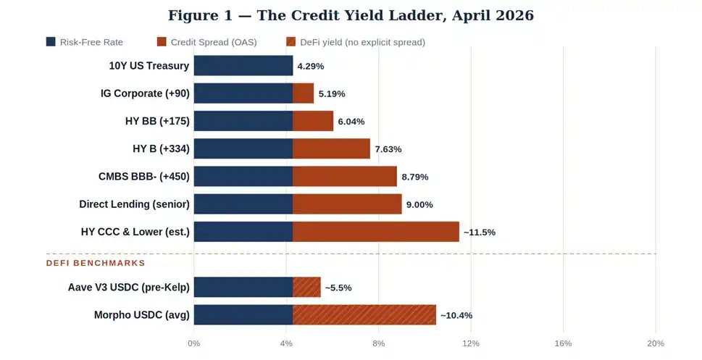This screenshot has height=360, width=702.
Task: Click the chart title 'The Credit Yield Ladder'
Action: [351, 15]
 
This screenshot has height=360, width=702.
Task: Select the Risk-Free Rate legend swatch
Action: [51, 42]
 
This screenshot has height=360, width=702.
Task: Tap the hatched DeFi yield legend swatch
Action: [291, 42]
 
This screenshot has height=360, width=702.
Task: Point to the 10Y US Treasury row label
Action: [149, 66]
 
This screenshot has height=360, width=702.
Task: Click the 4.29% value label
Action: [310, 66]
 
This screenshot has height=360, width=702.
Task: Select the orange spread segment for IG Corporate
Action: [303, 93]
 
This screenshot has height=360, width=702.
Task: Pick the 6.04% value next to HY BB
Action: [351, 122]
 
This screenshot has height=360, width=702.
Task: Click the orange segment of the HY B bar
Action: [331, 148]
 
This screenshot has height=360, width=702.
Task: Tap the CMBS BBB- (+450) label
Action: [143, 176]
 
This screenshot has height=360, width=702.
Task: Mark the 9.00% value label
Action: [419, 204]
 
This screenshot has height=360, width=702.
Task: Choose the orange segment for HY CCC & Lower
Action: [375, 232]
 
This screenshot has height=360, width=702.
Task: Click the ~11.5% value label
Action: [479, 233]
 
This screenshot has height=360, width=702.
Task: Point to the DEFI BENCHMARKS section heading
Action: [96, 263]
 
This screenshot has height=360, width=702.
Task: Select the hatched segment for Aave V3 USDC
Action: [306, 287]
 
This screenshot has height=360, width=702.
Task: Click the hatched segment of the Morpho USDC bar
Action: [364, 315]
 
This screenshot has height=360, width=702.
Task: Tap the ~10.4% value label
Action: [456, 316]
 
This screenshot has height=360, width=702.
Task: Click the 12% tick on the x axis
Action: [471, 343]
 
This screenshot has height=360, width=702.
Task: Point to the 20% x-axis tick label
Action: [655, 343]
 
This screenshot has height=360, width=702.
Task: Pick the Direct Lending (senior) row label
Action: [134, 204]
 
